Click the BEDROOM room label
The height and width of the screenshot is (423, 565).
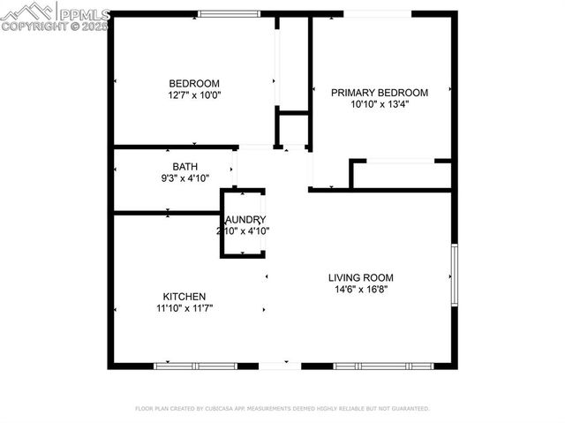194,83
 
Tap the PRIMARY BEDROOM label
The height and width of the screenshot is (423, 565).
380,93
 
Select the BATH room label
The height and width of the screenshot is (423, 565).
185,166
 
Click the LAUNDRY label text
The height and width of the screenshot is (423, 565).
245,220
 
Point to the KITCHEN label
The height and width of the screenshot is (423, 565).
185,297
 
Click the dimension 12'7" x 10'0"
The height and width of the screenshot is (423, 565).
194,94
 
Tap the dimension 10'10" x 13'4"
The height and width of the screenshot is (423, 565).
380,104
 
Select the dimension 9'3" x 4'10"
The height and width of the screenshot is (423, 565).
185,178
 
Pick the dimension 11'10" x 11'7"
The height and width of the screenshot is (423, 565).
185,308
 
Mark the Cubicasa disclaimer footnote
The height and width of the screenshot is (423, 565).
282,409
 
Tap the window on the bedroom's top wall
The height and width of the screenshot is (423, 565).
229,13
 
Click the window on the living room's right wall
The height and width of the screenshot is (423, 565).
455,274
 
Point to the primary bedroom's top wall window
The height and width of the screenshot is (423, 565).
377,13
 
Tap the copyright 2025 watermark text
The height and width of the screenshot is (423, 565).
55,26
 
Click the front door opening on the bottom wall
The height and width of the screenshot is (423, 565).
280,366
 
